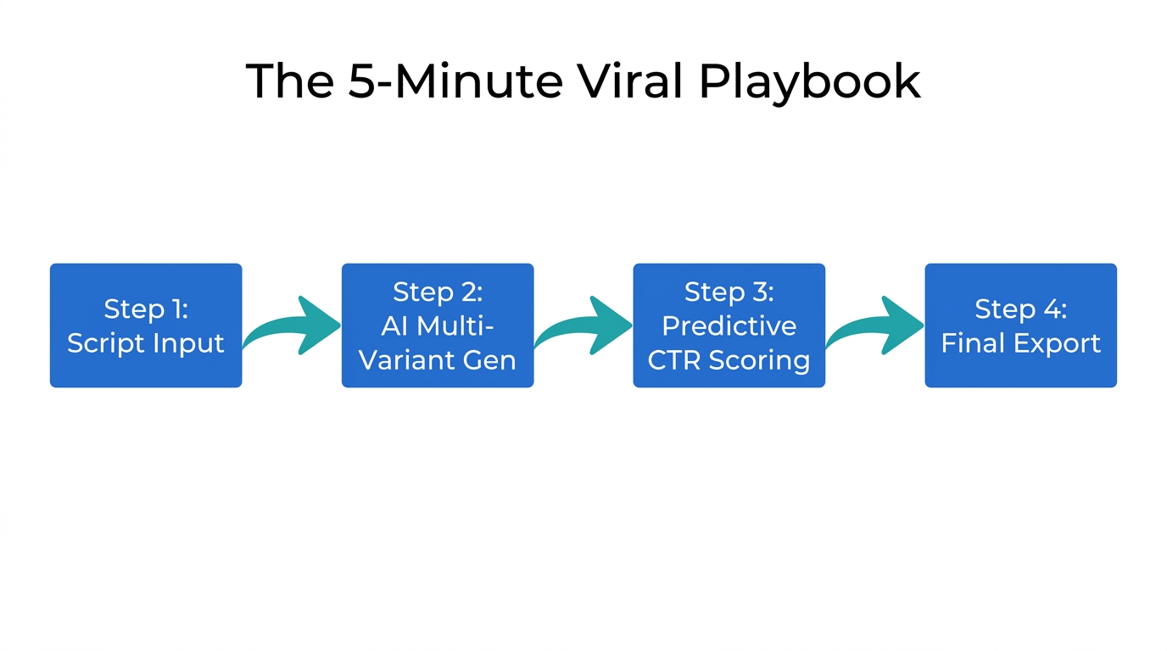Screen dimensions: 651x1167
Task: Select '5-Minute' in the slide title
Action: click(x=455, y=81)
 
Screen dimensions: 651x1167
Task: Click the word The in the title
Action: click(x=290, y=81)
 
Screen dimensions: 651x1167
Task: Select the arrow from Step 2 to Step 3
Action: click(x=583, y=326)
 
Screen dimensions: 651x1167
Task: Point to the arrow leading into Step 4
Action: click(x=874, y=326)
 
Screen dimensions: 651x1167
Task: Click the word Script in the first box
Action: click(x=103, y=343)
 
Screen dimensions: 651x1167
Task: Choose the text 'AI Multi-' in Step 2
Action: click(x=438, y=325)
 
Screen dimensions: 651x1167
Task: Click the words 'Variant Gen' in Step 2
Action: click(x=438, y=359)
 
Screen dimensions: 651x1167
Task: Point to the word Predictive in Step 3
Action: click(x=729, y=325)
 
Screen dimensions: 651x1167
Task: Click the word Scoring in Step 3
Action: click(x=759, y=359)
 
